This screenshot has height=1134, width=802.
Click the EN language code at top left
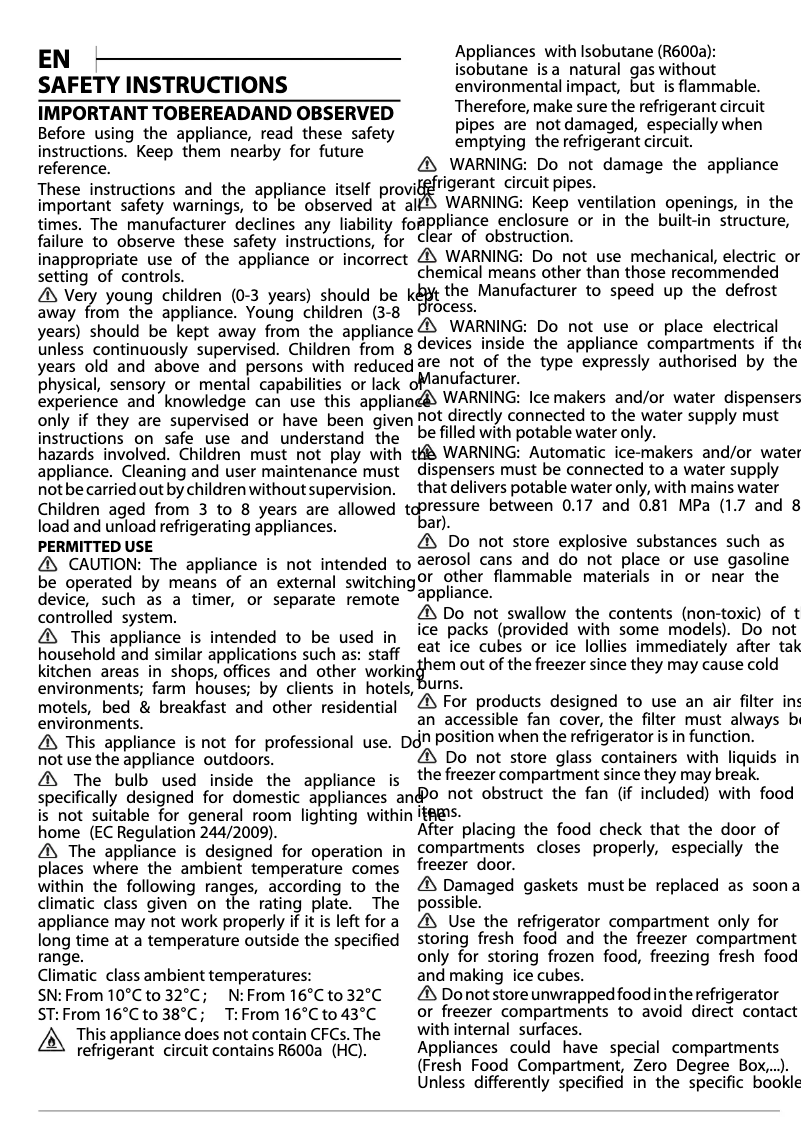point(54,59)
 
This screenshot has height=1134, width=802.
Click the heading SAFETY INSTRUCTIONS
point(162,85)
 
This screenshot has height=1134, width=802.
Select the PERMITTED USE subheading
point(95,546)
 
